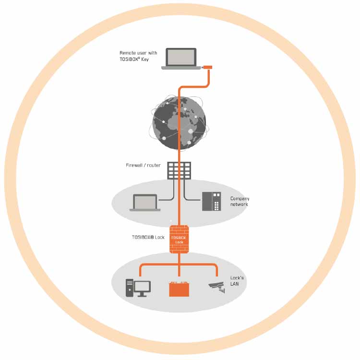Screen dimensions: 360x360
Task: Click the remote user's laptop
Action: (x=181, y=59)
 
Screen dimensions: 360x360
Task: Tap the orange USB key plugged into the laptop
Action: (x=207, y=67)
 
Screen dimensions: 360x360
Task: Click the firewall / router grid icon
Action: (x=179, y=170)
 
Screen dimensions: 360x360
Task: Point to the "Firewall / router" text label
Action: (x=143, y=166)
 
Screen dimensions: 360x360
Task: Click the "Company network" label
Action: (x=240, y=202)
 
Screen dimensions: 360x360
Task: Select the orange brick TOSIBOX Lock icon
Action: (x=179, y=239)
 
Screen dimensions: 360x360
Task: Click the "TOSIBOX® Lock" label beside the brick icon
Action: (x=148, y=237)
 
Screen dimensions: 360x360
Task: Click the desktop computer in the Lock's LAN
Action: (x=137, y=288)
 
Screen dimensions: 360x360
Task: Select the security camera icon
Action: (x=217, y=288)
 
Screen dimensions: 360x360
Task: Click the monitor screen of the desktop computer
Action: (x=142, y=287)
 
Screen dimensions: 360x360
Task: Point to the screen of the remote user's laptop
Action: (x=181, y=57)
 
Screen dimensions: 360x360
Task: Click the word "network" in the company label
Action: (x=240, y=204)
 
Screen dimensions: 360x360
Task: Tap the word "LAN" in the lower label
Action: (x=235, y=284)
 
